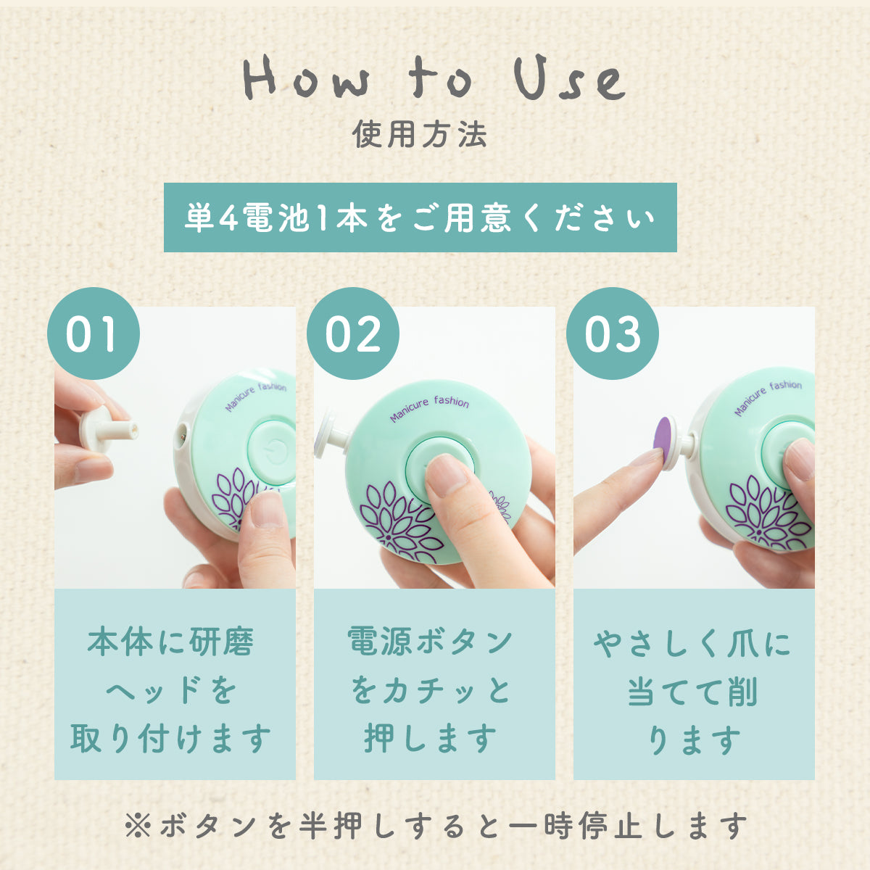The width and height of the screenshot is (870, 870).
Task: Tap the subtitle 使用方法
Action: coord(420,135)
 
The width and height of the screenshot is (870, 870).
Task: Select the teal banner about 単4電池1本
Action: coord(420,217)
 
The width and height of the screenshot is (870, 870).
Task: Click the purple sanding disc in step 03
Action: coord(662,437)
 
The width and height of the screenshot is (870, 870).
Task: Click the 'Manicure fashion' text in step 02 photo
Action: coord(429,409)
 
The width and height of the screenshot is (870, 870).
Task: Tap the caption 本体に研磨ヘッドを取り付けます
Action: coord(174,689)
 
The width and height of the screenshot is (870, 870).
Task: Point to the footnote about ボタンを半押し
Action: coord(435,825)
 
